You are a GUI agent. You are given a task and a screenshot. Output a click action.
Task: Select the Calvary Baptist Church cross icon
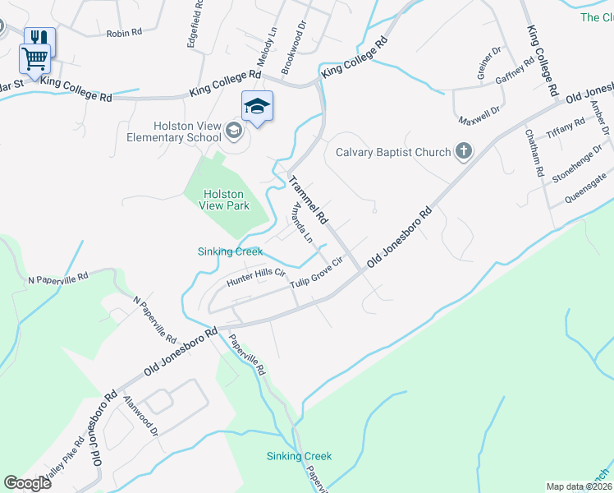[465, 151]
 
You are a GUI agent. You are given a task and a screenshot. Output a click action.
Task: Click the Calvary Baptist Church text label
[393, 152]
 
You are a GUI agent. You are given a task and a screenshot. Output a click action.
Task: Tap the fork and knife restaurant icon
[39, 38]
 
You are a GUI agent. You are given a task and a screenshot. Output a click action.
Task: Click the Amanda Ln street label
[298, 224]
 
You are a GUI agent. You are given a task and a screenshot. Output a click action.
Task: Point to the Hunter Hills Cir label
[255, 279]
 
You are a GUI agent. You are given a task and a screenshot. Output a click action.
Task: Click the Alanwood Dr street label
[140, 412]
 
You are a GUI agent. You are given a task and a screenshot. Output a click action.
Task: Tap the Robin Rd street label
[124, 33]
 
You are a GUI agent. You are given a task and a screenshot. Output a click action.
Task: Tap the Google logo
[27, 483]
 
